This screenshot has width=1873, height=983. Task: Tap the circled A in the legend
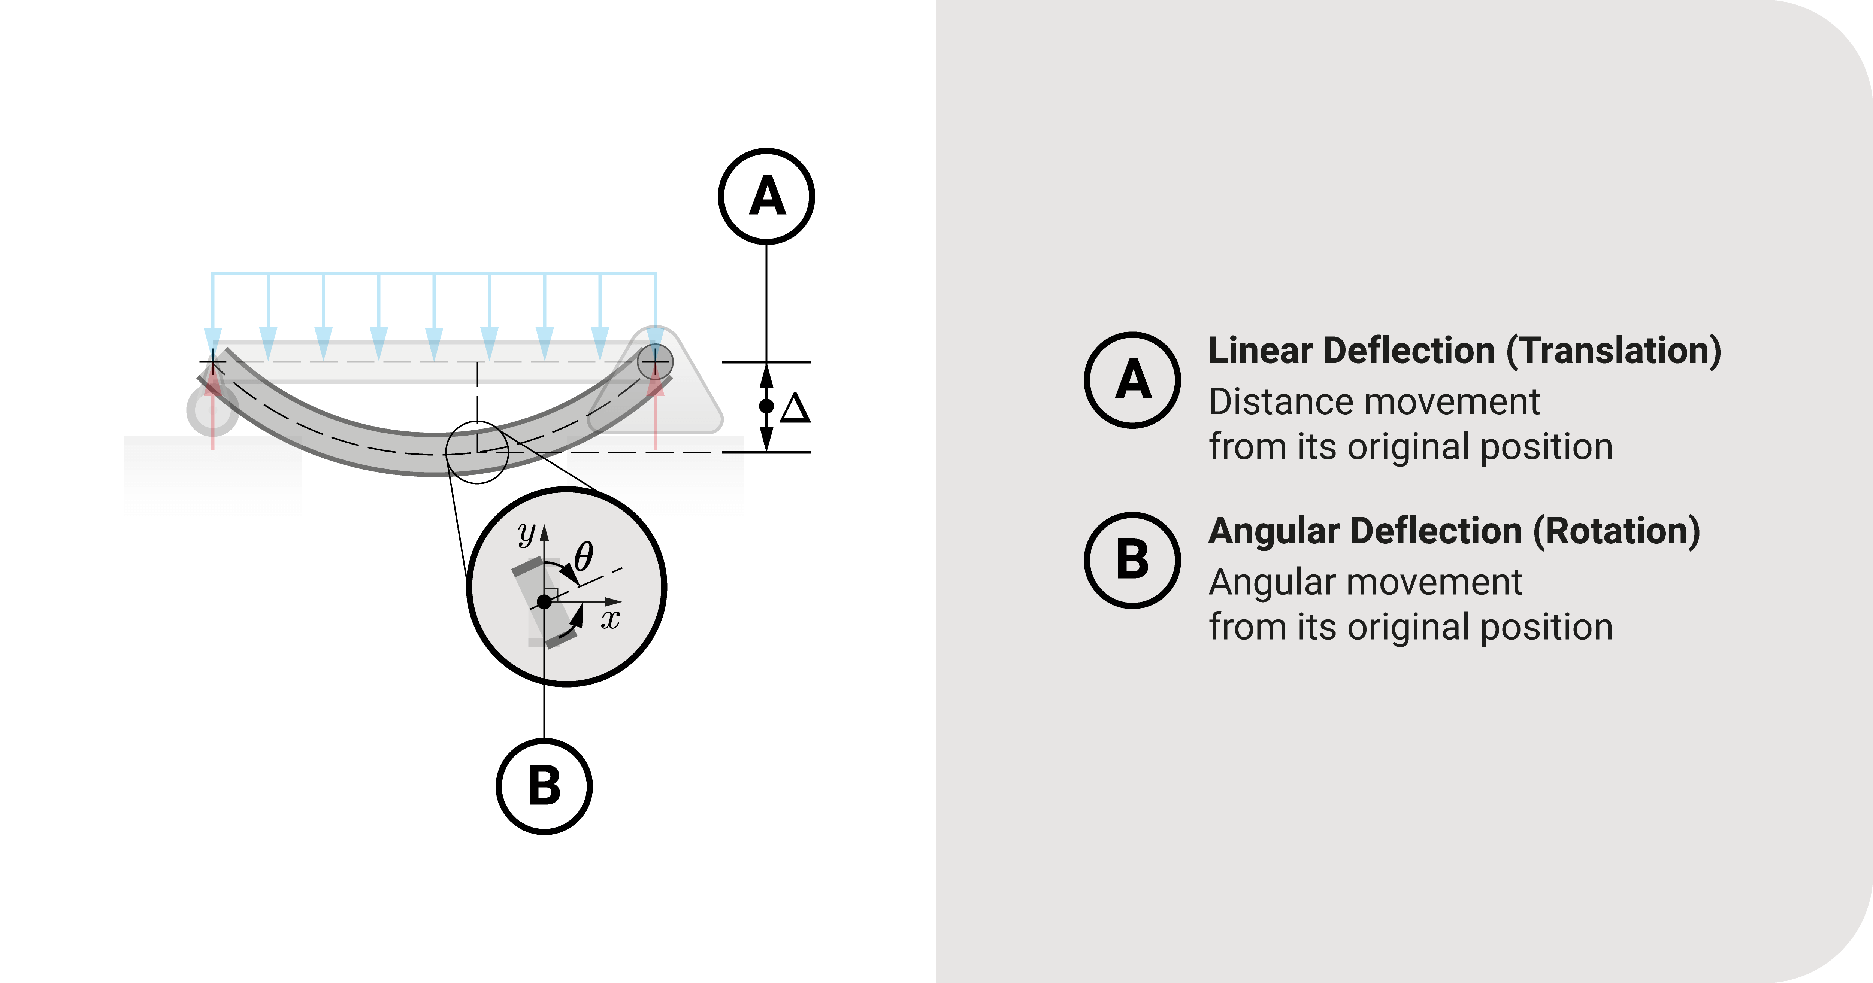1132,380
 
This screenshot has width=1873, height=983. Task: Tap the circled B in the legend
1132,561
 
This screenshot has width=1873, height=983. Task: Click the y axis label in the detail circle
526,534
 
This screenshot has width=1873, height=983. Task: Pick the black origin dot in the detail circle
544,602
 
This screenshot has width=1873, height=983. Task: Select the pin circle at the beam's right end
655,361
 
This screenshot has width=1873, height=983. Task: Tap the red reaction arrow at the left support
212,407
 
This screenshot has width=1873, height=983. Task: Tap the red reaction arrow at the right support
656,411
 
